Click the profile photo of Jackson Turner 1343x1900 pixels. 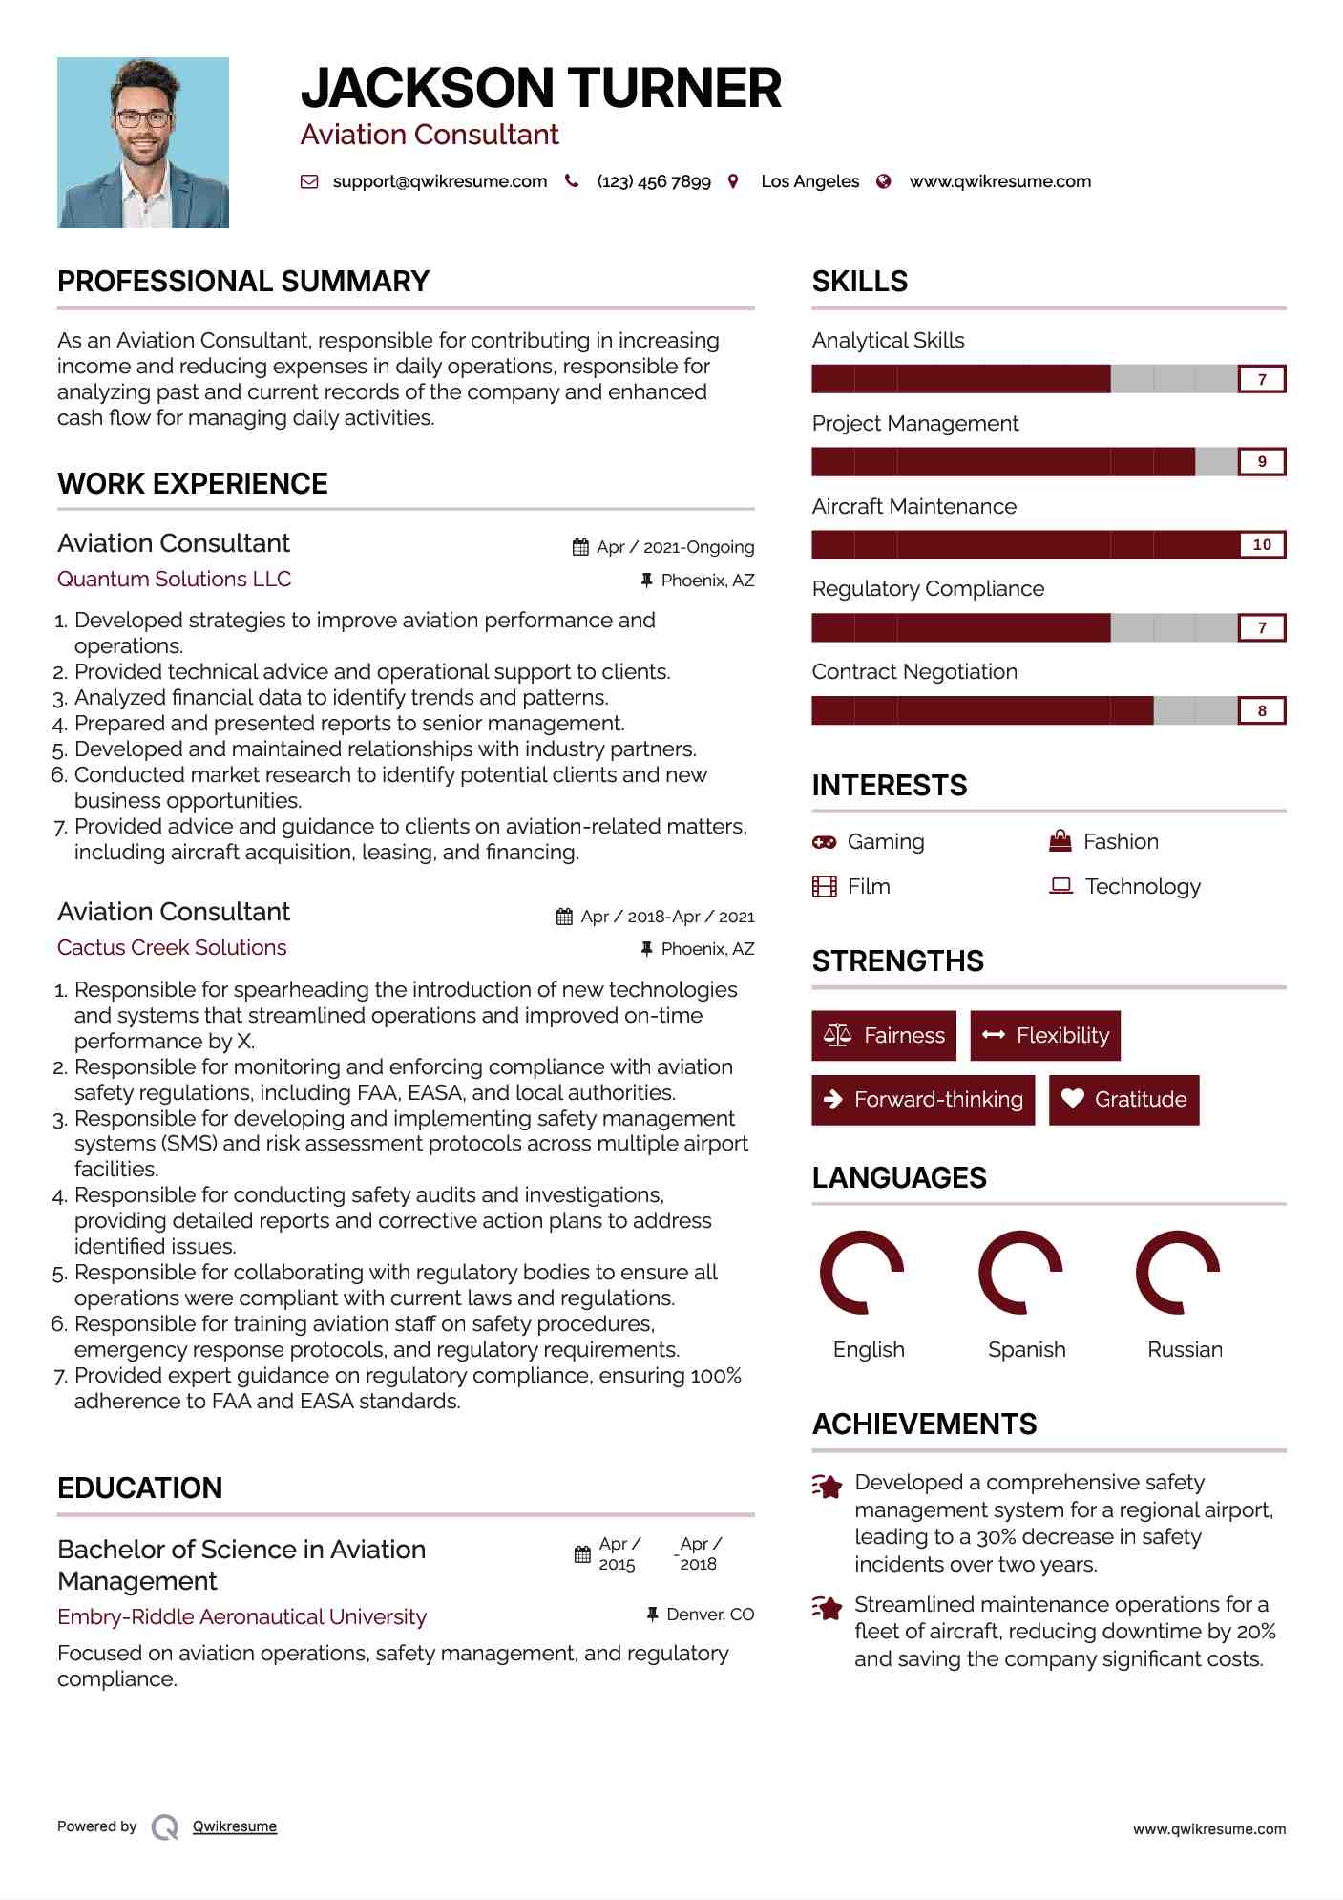[x=143, y=142]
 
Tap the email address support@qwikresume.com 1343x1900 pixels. [x=439, y=181]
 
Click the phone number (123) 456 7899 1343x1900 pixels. [x=654, y=181]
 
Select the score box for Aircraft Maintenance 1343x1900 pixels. [x=1261, y=545]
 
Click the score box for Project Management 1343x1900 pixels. [x=1261, y=462]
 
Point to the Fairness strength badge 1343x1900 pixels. [x=884, y=1036]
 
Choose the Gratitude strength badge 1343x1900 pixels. [x=1123, y=1100]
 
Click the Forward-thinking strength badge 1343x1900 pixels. [x=923, y=1100]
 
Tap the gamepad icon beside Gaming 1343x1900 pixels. [x=824, y=842]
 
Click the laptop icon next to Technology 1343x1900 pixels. [x=1060, y=886]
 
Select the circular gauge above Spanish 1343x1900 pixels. [x=1020, y=1273]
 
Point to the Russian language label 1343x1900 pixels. [x=1185, y=1349]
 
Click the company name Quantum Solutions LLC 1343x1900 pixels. [x=174, y=579]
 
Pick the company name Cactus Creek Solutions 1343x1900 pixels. [x=172, y=947]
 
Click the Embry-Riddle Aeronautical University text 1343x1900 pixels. [x=241, y=1616]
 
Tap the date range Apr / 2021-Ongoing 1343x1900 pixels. [x=675, y=547]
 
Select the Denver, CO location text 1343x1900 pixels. [x=710, y=1615]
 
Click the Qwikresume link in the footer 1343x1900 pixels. [x=235, y=1826]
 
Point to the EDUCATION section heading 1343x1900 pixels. [x=139, y=1488]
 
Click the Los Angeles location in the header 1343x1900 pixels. [x=809, y=181]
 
